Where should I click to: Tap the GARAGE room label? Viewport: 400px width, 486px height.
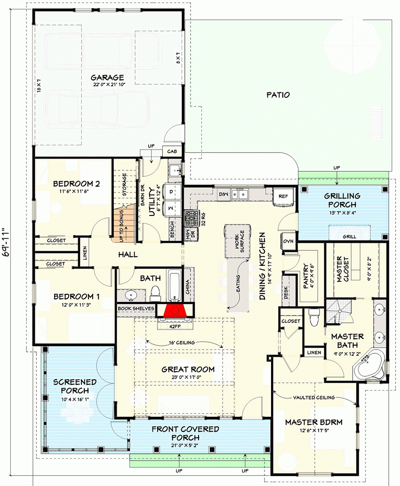pos(107,78)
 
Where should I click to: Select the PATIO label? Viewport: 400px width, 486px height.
pos(278,95)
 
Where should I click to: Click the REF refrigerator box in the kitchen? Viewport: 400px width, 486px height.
pos(283,196)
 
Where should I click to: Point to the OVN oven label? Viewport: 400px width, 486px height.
pos(288,242)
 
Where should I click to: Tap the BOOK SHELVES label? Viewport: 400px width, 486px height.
pos(136,308)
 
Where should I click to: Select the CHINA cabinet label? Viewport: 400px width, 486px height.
pos(188,286)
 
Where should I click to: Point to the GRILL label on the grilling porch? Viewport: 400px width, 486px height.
pos(349,237)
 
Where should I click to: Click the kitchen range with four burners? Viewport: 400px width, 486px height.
pos(192,217)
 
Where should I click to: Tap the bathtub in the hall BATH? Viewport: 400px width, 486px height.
pos(174,284)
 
